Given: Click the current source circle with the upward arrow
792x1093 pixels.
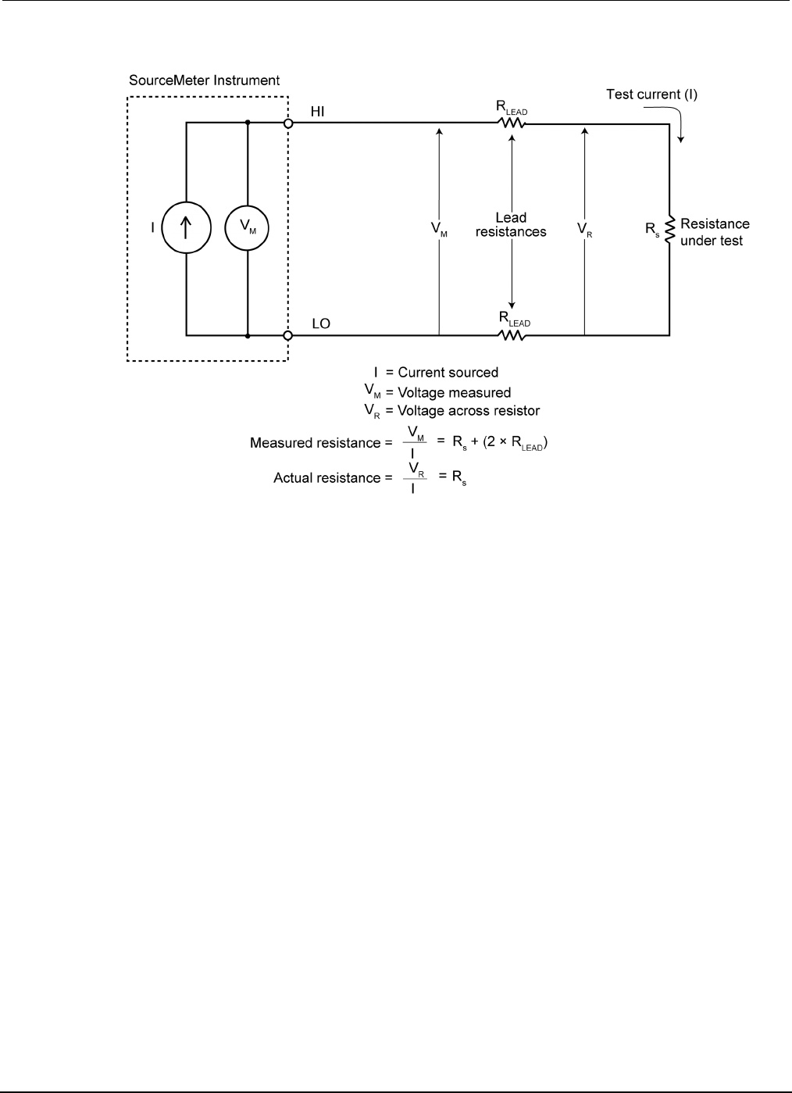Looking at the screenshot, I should [x=185, y=228].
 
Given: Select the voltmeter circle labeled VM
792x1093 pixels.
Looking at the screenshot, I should [x=247, y=228].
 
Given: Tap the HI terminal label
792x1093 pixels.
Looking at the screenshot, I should [x=319, y=112].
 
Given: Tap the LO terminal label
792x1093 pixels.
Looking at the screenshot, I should [x=320, y=323].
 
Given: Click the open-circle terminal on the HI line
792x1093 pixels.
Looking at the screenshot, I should [x=287, y=123].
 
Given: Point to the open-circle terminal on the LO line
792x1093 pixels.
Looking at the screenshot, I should [x=287, y=335].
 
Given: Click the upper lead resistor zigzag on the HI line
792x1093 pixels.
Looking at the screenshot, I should [x=512, y=123].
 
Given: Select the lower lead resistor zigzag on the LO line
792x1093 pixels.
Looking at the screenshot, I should [x=512, y=335].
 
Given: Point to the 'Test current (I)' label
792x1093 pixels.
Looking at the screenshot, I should [x=652, y=95].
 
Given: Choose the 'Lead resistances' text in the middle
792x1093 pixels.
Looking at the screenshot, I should [x=511, y=224].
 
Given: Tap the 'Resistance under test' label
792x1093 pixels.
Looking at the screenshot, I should [x=714, y=232].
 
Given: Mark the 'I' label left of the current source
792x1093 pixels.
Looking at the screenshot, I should [x=152, y=229].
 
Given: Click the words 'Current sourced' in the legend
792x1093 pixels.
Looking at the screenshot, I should [x=448, y=373].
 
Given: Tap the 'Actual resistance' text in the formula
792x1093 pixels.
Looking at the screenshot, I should [x=326, y=477].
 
